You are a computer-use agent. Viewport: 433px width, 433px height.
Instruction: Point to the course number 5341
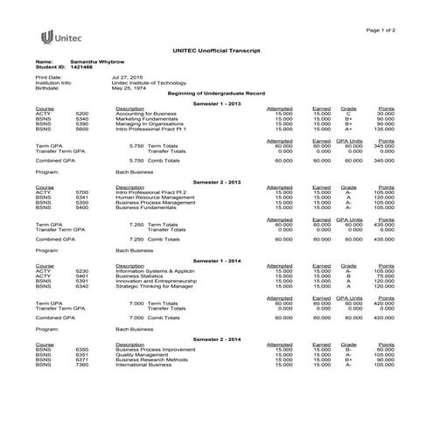click(x=82, y=198)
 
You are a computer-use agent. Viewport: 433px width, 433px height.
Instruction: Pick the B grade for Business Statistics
click(x=347, y=276)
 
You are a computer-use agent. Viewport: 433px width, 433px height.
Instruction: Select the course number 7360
click(x=82, y=365)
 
